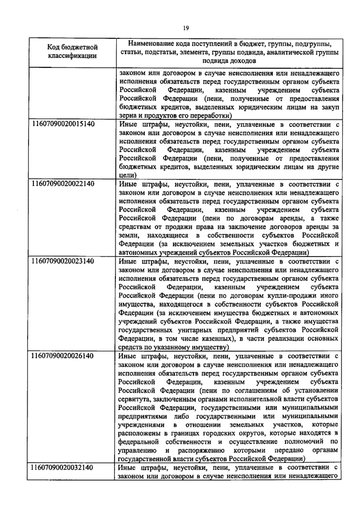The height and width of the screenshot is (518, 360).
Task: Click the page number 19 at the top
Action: point(186,28)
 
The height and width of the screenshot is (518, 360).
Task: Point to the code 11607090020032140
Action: point(62,468)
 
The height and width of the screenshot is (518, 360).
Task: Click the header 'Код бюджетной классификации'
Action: point(73,51)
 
